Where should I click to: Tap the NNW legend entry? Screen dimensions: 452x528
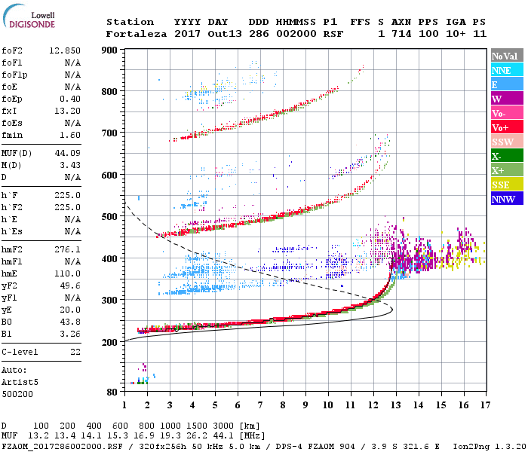tap(504, 199)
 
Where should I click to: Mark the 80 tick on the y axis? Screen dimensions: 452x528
tap(112, 392)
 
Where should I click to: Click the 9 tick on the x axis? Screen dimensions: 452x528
tap(305, 405)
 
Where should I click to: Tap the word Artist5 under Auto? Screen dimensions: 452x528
tap(20, 382)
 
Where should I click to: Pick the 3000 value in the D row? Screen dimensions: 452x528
tap(223, 426)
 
